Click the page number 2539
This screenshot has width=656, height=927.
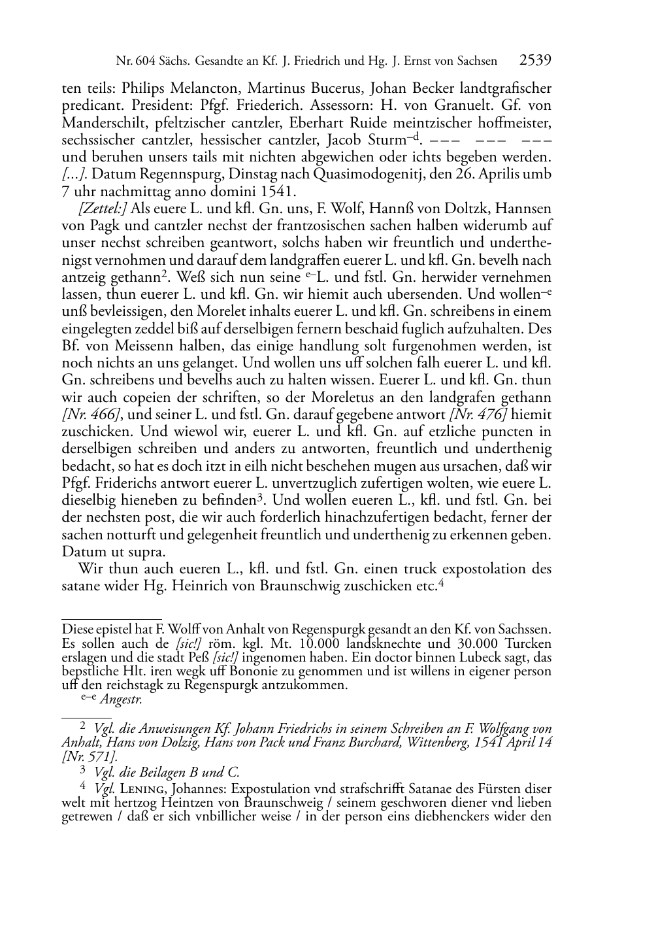point(536,61)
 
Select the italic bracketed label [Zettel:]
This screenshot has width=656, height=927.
point(103,209)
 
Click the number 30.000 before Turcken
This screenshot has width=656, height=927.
point(489,644)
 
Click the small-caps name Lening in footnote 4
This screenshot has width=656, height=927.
point(142,789)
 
